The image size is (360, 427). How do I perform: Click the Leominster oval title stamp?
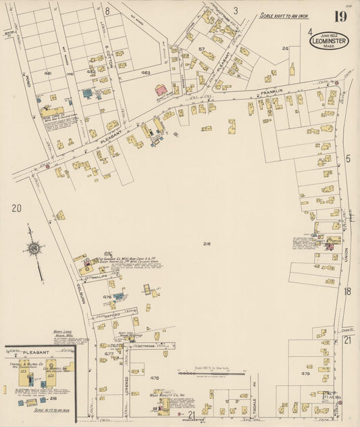329,41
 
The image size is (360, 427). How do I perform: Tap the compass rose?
33,248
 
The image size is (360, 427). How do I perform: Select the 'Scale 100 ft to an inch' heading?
284,16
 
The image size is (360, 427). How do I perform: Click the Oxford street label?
111,313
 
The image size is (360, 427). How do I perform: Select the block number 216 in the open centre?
207,243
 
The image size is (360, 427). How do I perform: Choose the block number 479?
305,373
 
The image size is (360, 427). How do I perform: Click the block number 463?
145,72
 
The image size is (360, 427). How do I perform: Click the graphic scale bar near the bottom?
205,372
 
